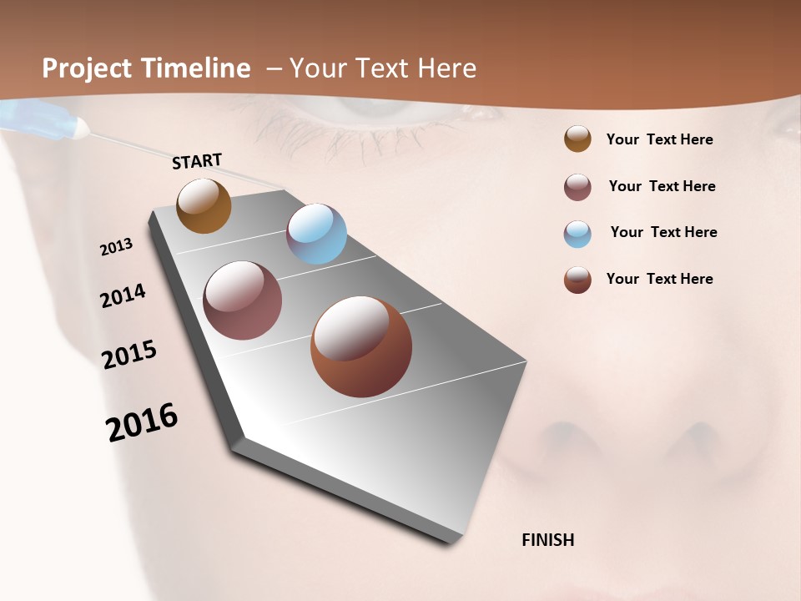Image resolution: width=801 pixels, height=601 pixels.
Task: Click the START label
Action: [x=197, y=161]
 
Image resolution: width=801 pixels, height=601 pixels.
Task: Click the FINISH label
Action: [x=547, y=540]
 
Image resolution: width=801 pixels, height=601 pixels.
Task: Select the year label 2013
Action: [x=117, y=247]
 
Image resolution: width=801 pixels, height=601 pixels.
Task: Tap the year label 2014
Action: [x=123, y=296]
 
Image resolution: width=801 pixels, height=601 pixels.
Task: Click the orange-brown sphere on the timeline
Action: [x=204, y=206]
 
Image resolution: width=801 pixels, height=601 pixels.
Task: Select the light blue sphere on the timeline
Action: [x=316, y=234]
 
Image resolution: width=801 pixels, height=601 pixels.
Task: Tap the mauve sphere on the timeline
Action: [x=243, y=300]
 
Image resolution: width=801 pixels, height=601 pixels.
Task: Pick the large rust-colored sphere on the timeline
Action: [x=361, y=346]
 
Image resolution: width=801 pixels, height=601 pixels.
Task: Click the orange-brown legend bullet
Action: [x=577, y=139]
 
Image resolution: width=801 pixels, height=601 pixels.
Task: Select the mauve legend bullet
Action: [x=577, y=187]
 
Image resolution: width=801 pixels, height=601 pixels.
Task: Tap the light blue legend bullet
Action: [x=577, y=234]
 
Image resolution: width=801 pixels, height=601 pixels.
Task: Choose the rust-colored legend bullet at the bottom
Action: [x=577, y=280]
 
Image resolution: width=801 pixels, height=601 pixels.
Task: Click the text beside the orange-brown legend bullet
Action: [x=659, y=139]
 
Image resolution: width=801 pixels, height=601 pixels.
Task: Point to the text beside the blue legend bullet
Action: [x=663, y=232]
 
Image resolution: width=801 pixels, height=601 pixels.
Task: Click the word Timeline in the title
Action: [x=197, y=68]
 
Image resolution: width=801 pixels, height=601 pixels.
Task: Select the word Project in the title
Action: [x=86, y=68]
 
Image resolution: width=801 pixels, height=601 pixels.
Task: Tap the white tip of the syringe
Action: [x=82, y=128]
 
